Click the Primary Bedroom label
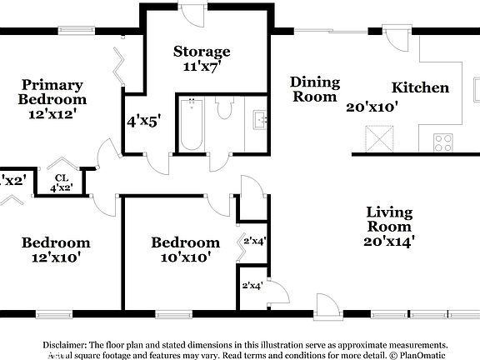(x=52, y=91)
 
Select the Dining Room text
(x=315, y=89)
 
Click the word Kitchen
(x=421, y=87)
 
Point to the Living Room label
(x=388, y=218)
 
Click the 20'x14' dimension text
(x=389, y=242)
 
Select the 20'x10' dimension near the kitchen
(x=372, y=107)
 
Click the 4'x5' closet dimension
(x=143, y=120)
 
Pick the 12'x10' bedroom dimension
(x=55, y=257)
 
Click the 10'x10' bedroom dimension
(x=185, y=257)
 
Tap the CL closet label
(x=61, y=177)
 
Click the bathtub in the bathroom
(x=192, y=125)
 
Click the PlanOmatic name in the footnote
(x=422, y=354)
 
